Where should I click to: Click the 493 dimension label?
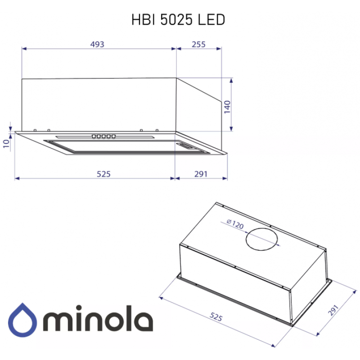pyautogui.click(x=97, y=44)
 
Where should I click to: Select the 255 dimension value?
pyautogui.click(x=198, y=44)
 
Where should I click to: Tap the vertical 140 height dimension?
pyautogui.click(x=227, y=107)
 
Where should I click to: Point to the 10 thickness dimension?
pyautogui.click(x=6, y=144)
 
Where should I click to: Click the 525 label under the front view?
pyautogui.click(x=103, y=174)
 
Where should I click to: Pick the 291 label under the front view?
pyautogui.click(x=201, y=174)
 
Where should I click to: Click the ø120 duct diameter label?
pyautogui.click(x=235, y=224)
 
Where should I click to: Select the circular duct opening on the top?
pyautogui.click(x=262, y=239)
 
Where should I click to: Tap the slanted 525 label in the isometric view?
pyautogui.click(x=216, y=317)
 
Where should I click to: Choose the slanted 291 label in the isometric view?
pyautogui.click(x=333, y=310)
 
